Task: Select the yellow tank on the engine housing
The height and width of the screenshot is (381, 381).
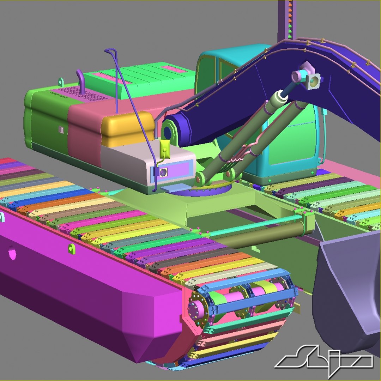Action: coord(127,129)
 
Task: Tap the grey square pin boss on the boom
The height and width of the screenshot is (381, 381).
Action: coord(313,81)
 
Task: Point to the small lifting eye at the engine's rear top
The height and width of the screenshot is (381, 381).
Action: coord(61,82)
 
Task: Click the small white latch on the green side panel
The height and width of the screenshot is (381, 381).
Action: coord(61,129)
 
